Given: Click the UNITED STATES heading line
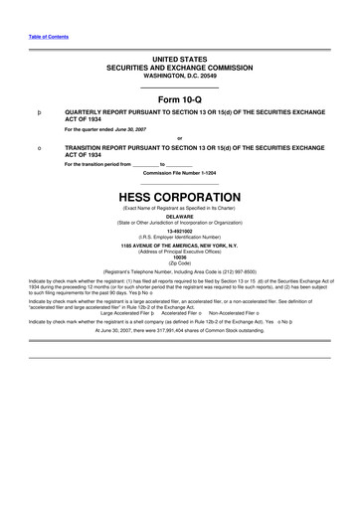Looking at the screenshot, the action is (179, 60).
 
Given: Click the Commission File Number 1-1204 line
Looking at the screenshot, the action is (179, 172).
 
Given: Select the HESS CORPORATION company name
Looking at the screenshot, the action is (179, 197).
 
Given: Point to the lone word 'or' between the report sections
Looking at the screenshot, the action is (179, 138).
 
